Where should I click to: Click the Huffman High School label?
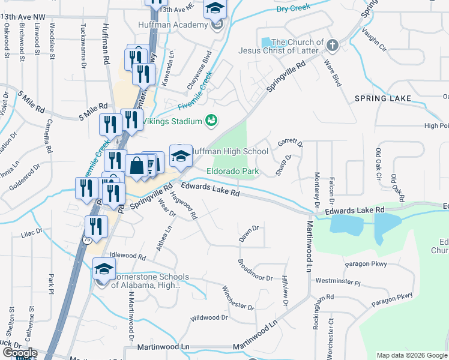point(230,152)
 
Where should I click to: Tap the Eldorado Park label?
point(232,172)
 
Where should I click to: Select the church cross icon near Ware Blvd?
point(332,44)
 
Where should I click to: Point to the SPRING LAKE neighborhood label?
point(382,98)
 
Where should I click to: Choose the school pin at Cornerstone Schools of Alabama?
point(104,269)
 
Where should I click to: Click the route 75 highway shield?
point(88,239)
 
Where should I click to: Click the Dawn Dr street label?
point(249,229)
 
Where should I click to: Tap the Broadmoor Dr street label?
point(255,270)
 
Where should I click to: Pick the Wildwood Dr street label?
point(209,317)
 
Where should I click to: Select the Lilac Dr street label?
point(33,231)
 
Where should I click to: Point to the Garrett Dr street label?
point(291,143)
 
